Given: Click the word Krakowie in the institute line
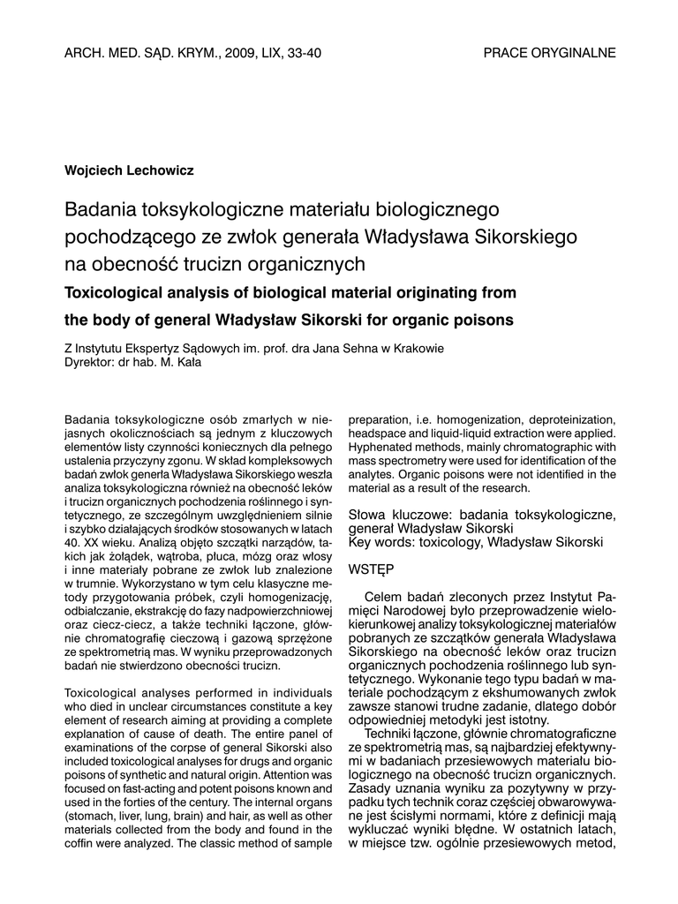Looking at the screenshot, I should (418, 348).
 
